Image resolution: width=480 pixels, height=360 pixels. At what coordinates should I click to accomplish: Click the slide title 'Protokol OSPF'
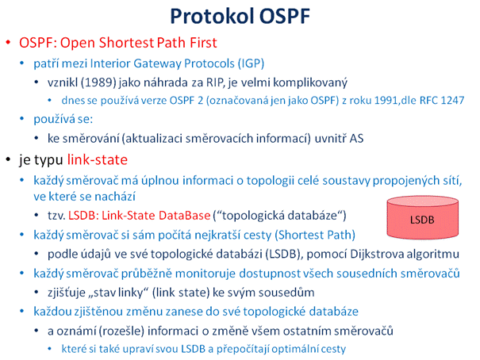pos(240,16)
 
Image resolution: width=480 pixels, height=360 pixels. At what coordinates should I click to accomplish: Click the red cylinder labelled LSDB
pos(422,217)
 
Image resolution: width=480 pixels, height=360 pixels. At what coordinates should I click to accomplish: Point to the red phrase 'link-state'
pos(98,159)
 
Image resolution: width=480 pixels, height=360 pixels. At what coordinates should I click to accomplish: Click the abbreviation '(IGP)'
pos(251,63)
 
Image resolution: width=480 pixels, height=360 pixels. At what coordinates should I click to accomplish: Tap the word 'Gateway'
pos(157,63)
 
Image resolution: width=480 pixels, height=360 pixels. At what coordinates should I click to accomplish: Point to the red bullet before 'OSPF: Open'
pos(9,43)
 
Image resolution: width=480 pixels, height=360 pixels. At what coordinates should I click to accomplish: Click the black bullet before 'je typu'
pos(9,160)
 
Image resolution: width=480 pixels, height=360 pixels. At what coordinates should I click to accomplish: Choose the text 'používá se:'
pos(63,119)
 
